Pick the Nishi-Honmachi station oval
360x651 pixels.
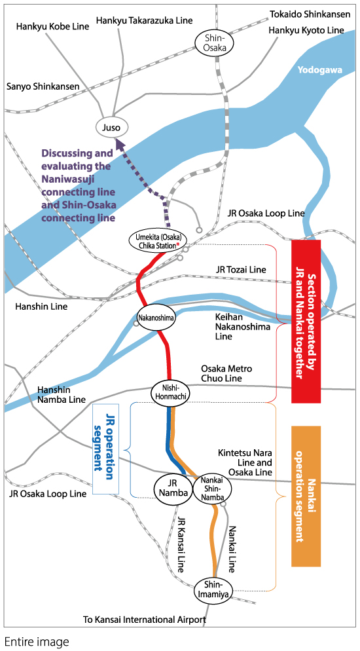tap(171, 393)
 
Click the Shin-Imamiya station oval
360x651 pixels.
tap(213, 590)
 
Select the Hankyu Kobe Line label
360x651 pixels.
tap(52, 27)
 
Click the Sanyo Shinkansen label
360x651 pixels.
tap(43, 86)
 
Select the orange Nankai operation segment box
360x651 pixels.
tap(306, 496)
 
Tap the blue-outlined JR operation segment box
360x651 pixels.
tap(106, 449)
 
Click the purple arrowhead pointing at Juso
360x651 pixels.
tap(120, 144)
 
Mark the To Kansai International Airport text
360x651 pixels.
tap(145, 620)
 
